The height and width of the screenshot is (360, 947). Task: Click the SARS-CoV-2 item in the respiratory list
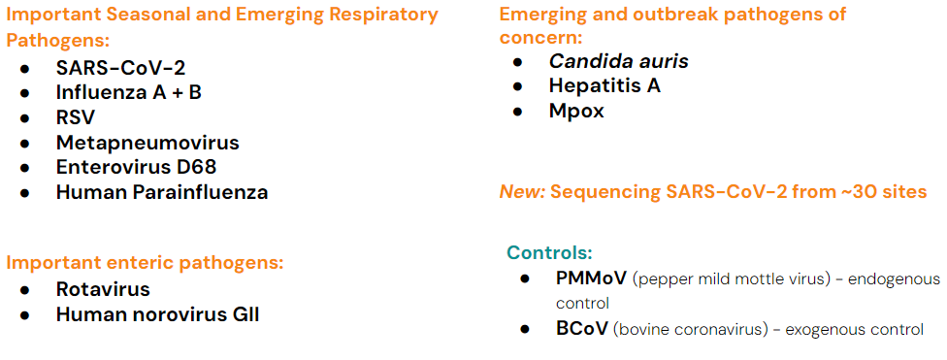click(x=120, y=68)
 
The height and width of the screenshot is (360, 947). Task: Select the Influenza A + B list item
click(x=129, y=92)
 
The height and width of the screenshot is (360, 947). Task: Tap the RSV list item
click(x=76, y=117)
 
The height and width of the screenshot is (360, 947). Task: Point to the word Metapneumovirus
click(x=147, y=144)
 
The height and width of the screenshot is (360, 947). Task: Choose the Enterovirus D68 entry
click(x=137, y=167)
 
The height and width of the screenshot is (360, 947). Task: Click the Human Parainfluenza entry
click(x=162, y=193)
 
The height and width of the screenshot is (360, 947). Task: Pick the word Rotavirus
click(x=103, y=289)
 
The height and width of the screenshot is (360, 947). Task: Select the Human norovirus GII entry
click(x=157, y=314)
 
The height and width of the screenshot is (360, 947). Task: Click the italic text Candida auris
click(x=618, y=61)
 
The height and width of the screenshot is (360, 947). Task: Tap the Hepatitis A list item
click(x=604, y=85)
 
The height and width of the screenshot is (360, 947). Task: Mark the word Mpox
click(x=576, y=112)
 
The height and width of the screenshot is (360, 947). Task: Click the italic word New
click(x=522, y=192)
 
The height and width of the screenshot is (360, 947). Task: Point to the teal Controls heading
click(x=549, y=252)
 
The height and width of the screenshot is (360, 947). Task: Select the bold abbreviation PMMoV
click(x=591, y=278)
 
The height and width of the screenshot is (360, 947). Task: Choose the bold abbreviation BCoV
click(x=582, y=329)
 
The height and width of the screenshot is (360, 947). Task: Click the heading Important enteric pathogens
click(x=145, y=264)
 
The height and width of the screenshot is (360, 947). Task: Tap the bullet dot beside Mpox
click(x=517, y=113)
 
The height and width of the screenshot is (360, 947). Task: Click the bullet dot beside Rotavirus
click(x=25, y=290)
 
